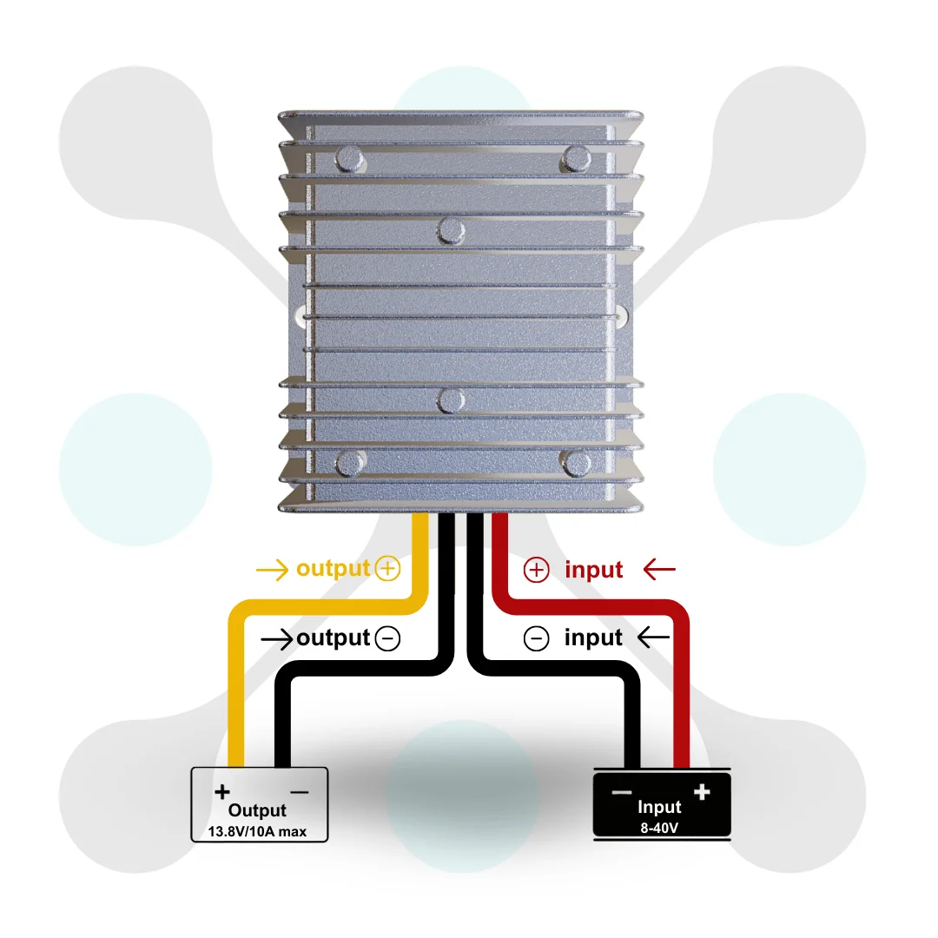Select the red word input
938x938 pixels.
pos(593,570)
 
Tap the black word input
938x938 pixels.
pos(593,637)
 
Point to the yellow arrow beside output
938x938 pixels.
pos(272,570)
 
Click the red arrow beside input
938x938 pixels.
pos(659,570)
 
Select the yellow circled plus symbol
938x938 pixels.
pos(387,568)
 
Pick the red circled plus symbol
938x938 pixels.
pos(536,570)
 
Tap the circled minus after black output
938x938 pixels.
pos(387,638)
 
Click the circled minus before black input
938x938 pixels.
pos(536,638)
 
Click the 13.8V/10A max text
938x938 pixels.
pos(257,831)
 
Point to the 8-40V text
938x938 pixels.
pos(659,828)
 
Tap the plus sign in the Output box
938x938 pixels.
pos(222,792)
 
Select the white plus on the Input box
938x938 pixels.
pos(702,792)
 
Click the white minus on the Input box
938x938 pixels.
pos(622,793)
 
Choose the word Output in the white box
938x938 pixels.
pos(257,810)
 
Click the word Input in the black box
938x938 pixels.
pos(659,807)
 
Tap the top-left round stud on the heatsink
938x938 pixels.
pos(349,159)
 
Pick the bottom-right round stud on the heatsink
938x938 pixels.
pos(576,463)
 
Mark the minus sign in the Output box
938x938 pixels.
pos(299,793)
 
